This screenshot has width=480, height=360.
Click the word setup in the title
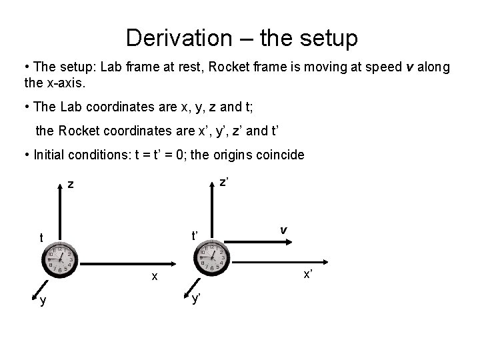(x=328, y=37)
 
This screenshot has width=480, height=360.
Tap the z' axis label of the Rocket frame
(x=225, y=181)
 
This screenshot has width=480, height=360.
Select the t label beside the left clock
(x=41, y=238)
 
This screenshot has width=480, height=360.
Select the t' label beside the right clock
(x=195, y=235)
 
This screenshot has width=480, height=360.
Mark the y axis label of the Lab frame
(x=43, y=301)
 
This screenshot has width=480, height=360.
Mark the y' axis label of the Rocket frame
(x=197, y=299)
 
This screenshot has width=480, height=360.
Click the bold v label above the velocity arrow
(x=283, y=229)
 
